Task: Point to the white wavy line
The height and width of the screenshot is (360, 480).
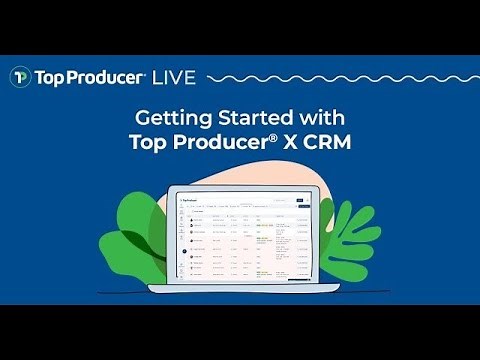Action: pyautogui.click(x=330, y=77)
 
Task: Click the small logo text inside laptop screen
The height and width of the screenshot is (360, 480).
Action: pyautogui.click(x=189, y=201)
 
